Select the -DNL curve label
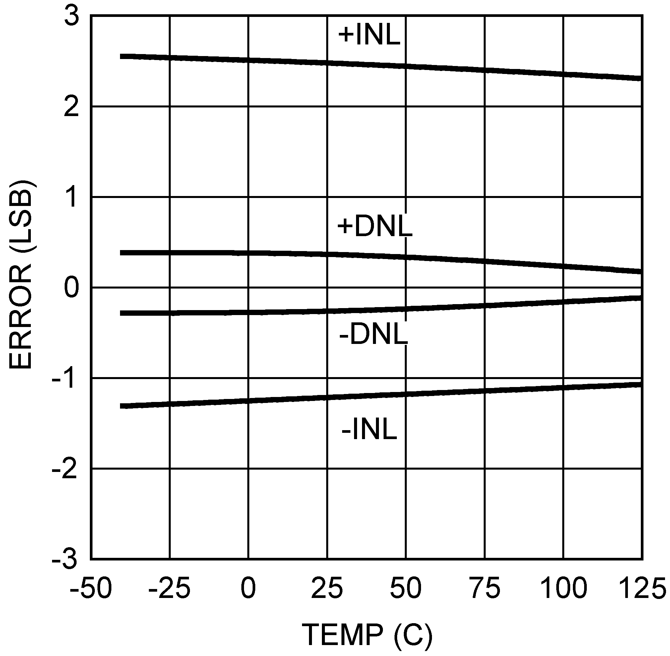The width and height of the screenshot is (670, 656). coord(373,334)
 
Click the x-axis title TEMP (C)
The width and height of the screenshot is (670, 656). coord(367,635)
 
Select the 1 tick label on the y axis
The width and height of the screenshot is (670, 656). coord(72,198)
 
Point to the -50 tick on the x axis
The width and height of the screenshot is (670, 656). coord(91,588)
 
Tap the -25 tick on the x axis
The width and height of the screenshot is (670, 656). coord(169,588)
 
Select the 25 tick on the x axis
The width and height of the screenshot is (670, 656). coord(327,588)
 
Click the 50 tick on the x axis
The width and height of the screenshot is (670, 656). coord(406,588)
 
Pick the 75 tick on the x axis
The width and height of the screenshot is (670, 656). coord(485,588)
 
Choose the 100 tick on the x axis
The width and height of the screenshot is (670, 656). coord(563,588)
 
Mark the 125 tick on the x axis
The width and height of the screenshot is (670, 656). coord(642,588)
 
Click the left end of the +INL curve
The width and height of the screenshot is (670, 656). coord(121,56)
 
